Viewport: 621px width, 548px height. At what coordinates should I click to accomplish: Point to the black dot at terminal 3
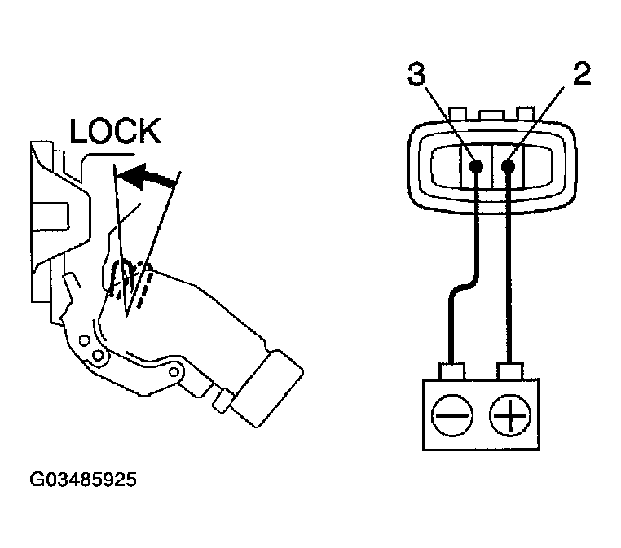point(478,165)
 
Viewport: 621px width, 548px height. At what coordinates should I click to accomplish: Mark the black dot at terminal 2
point(509,165)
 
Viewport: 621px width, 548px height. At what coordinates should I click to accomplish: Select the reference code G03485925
point(83,480)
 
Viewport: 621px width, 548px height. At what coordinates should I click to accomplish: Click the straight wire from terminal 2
point(509,269)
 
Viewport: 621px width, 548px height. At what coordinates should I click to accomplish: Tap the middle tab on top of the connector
point(491,114)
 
